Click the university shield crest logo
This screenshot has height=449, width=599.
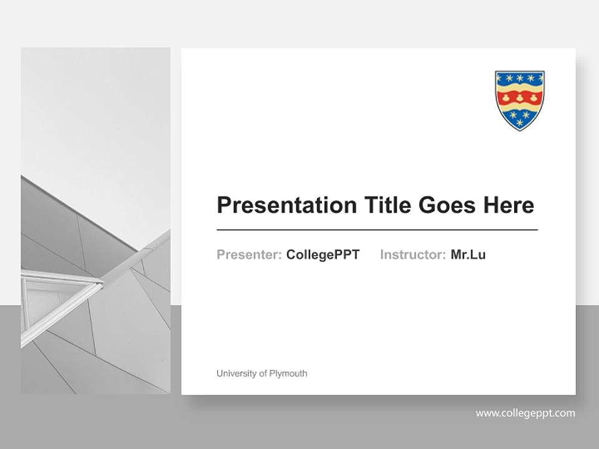(x=520, y=100)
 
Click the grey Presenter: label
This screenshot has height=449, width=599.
(x=249, y=254)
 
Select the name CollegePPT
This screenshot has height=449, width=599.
(x=323, y=254)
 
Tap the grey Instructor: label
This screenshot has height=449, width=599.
(x=412, y=254)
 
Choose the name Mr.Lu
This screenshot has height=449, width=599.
(x=468, y=254)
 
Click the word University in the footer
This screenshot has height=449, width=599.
(x=236, y=374)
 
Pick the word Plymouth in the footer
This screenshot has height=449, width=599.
(x=288, y=374)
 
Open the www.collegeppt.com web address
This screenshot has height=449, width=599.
(x=525, y=413)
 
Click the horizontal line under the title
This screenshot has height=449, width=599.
(x=377, y=230)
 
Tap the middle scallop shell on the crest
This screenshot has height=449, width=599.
(x=520, y=97)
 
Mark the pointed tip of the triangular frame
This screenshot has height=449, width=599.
(x=102, y=283)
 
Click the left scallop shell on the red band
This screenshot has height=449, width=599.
(x=506, y=97)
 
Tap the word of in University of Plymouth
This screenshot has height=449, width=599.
(x=262, y=374)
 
